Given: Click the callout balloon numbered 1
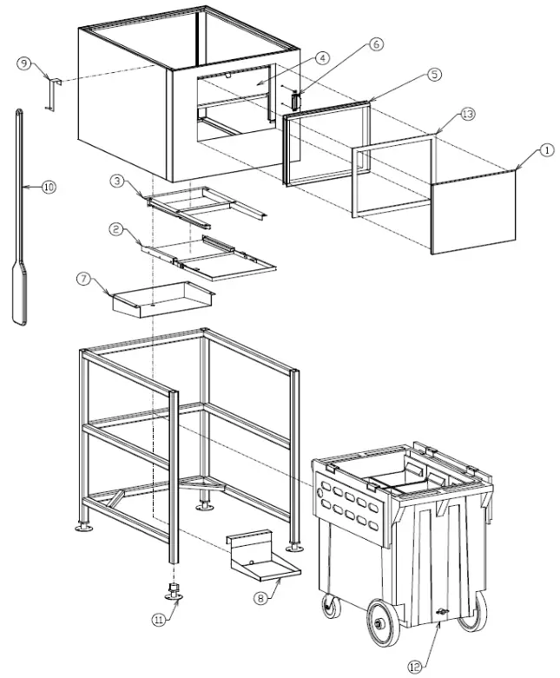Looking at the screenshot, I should [545, 150].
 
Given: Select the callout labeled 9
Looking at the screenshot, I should [23, 63].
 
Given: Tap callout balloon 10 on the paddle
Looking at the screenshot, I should [49, 186].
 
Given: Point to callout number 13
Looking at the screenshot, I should [468, 114].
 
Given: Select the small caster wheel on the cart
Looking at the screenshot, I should [330, 606].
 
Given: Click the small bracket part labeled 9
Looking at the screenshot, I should [51, 92].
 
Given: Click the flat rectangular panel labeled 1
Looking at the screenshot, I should [474, 213].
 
